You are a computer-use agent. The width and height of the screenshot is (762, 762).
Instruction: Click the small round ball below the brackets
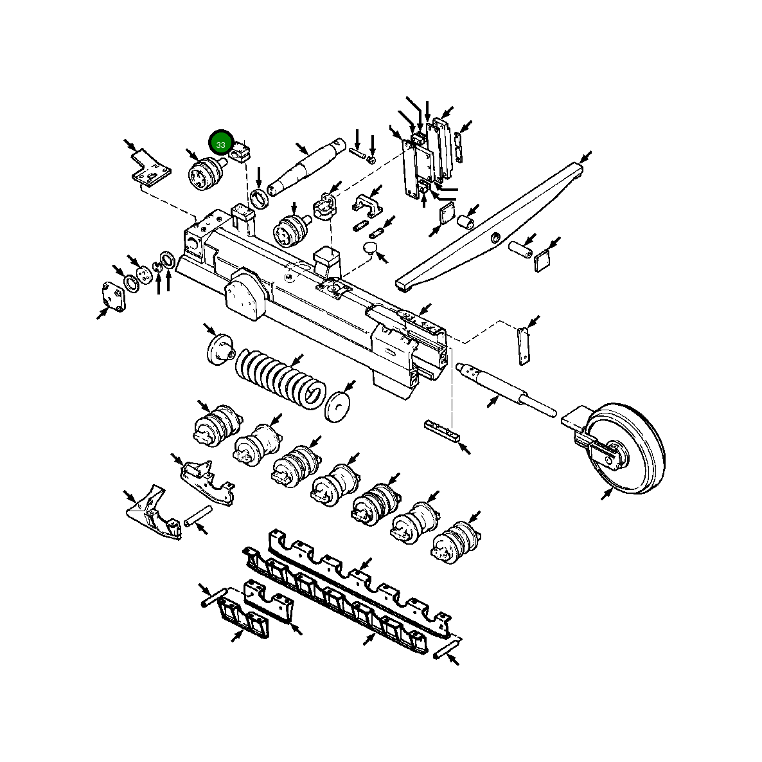(x=371, y=248)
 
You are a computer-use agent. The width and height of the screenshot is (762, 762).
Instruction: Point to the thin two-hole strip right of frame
(x=523, y=345)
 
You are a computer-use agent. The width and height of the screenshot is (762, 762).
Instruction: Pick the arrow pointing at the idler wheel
(x=606, y=494)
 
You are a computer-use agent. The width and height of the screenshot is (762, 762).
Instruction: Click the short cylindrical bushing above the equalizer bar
(x=465, y=222)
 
